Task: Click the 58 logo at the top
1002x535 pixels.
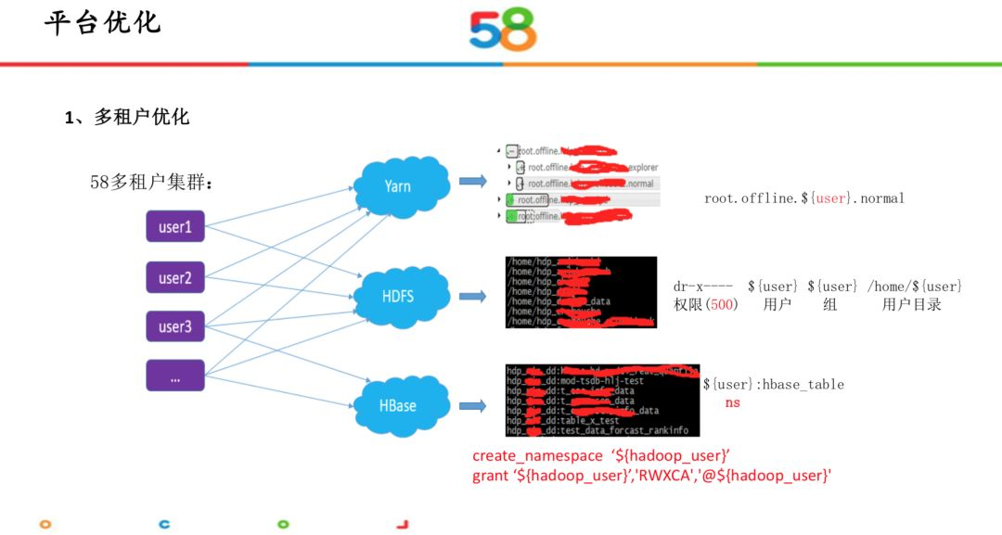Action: click(x=503, y=29)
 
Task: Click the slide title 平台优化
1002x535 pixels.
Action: click(x=103, y=23)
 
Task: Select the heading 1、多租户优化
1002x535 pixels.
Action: click(x=127, y=117)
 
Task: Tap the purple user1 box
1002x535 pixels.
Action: click(x=174, y=226)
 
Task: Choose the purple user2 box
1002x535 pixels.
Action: click(x=174, y=277)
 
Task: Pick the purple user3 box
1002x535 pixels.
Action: click(x=174, y=326)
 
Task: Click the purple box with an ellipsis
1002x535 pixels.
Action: click(x=174, y=376)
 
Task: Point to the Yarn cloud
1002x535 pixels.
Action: click(x=399, y=186)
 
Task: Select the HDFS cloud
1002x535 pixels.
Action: click(x=399, y=297)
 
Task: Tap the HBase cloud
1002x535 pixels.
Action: click(x=399, y=405)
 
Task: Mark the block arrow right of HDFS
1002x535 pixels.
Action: click(x=472, y=297)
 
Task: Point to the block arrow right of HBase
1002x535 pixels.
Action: click(x=472, y=405)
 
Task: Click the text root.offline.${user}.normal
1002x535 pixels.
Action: click(x=803, y=198)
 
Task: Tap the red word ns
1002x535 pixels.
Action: click(x=733, y=403)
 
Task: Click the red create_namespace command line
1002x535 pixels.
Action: click(x=602, y=455)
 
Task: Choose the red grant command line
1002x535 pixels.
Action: click(x=651, y=476)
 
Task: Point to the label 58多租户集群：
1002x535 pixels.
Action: click(x=152, y=183)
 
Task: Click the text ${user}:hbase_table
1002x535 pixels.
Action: click(x=773, y=384)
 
